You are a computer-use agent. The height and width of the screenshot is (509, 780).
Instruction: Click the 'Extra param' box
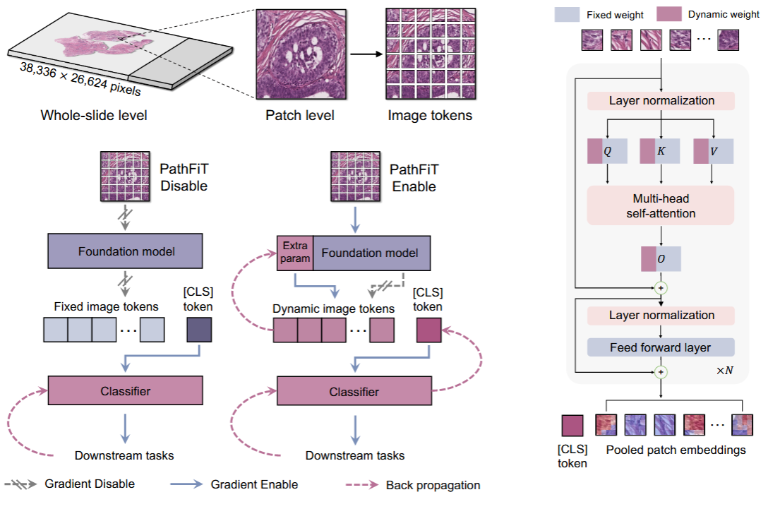pos(295,253)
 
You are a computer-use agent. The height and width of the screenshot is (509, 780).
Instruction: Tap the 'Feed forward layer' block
pos(661,347)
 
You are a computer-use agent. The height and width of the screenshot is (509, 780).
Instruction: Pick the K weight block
pos(661,150)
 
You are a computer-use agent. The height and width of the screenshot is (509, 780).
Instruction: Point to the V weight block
pos(714,150)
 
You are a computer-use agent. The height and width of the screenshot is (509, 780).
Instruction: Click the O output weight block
pos(661,258)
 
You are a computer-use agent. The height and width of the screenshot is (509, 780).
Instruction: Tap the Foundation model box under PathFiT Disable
pos(125,251)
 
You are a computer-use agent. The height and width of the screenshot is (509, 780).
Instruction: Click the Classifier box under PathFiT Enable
pos(354,391)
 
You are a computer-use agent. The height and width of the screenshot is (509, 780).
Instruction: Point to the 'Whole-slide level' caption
pos(94,115)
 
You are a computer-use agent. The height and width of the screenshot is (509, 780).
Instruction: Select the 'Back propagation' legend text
pos(433,485)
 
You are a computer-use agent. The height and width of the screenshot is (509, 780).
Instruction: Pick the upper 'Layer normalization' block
pos(661,100)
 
